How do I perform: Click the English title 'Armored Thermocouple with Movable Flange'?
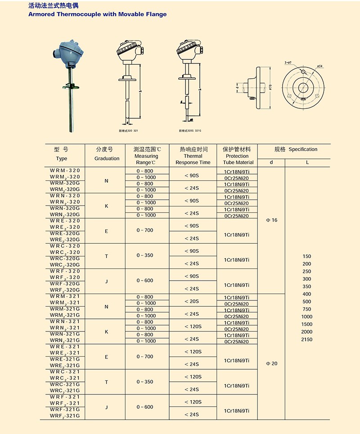coord(97,14)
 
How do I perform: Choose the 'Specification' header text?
coord(303,149)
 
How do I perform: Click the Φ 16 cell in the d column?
coord(271,220)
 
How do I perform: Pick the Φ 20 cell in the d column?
coord(271,363)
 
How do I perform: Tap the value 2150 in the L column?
coord(306,340)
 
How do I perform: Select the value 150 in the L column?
coord(306,256)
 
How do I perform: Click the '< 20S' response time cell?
coord(193,301)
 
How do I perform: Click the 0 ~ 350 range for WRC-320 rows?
coord(145,255)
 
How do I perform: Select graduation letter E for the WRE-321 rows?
coord(107,357)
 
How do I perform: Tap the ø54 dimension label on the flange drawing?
coord(320,66)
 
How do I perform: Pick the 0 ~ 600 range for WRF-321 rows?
coord(145,407)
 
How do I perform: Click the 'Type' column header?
coord(62,158)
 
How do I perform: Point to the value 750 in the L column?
coord(306,309)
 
